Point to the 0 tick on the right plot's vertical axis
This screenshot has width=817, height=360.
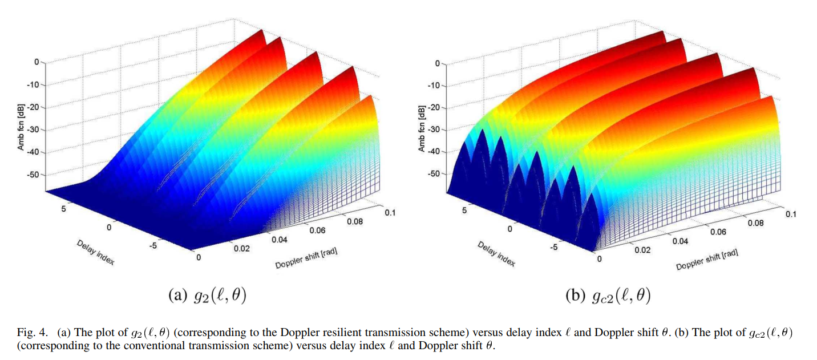coord(437,63)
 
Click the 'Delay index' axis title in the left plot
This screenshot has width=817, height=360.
coord(95,253)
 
